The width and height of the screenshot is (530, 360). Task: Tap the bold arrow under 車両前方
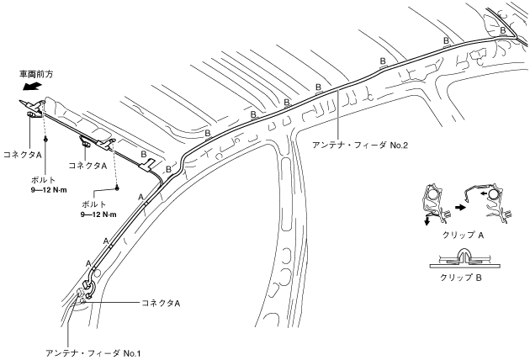[x=32, y=86]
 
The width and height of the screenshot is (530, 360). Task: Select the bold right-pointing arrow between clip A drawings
[x=459, y=204]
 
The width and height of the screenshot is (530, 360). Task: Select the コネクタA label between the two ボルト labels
[x=87, y=166]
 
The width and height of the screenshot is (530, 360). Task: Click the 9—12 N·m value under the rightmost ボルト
[x=98, y=214]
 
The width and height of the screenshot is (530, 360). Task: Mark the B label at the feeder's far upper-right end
[x=503, y=30]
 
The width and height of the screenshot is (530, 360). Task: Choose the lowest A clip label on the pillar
[x=88, y=263]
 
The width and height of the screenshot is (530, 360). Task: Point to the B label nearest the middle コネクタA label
[x=144, y=155]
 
